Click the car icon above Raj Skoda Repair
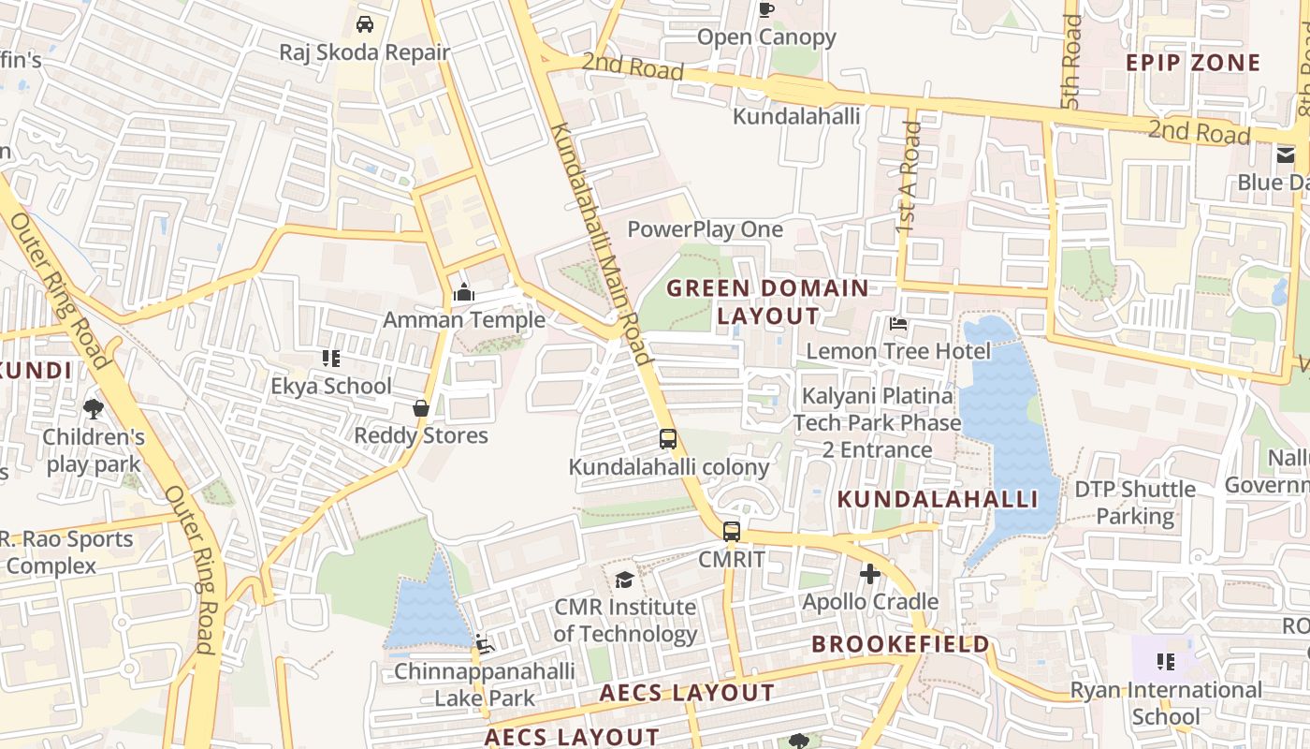pos(365,23)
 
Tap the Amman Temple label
pos(463,320)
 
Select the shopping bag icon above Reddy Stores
pos(421,408)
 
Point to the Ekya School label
pos(331,386)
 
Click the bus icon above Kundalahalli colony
pos(668,438)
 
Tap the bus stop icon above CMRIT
pos(732,531)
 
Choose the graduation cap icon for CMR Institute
pos(623,580)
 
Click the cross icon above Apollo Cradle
pos(870,574)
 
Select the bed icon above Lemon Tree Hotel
pos(898,325)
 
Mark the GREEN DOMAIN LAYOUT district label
pos(767,301)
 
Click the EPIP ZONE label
pos(1193,63)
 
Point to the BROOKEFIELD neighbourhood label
pos(900,644)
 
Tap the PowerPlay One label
pos(705,229)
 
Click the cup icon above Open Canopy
pos(766,10)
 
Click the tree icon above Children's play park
pos(93,408)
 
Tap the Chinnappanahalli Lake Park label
pos(484,684)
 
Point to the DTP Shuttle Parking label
pos(1135,502)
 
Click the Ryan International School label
pos(1166,702)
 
